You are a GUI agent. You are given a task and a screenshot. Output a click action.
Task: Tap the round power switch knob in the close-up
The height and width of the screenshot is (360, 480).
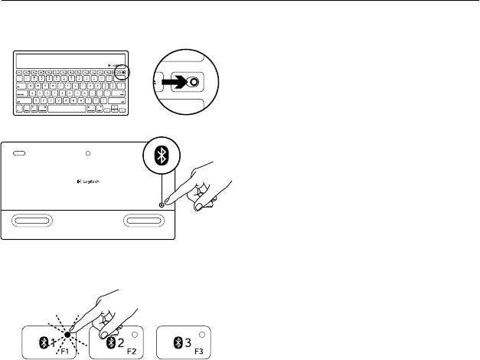pyautogui.click(x=194, y=82)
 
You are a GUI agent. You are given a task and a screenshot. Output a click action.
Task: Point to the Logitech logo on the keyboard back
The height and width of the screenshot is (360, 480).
pyautogui.click(x=87, y=181)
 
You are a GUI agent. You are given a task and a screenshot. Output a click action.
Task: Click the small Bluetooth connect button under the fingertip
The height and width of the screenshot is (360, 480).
pyautogui.click(x=161, y=203)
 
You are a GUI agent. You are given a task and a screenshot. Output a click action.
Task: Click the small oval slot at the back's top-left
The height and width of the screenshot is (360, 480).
pyautogui.click(x=20, y=153)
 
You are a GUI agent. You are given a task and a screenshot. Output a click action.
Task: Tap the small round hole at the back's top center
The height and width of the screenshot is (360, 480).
pyautogui.click(x=88, y=153)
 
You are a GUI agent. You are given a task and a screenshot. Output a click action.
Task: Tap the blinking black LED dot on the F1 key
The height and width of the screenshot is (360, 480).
pyautogui.click(x=68, y=334)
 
